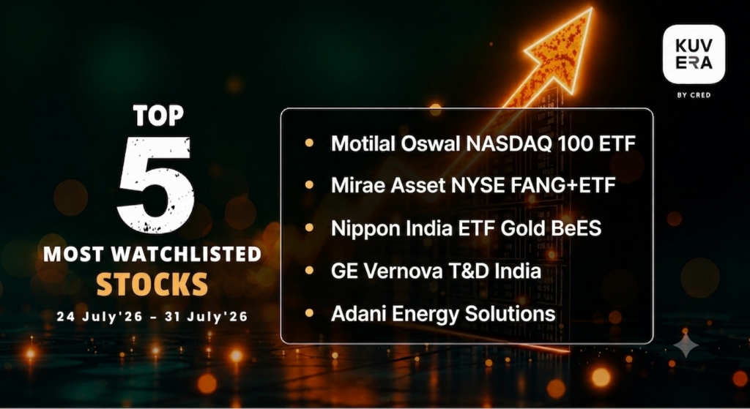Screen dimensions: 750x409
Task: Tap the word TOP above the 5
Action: click(158, 116)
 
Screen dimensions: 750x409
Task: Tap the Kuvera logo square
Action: click(694, 54)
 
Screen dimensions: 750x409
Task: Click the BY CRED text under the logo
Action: click(694, 95)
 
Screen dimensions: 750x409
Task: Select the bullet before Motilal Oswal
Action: click(309, 143)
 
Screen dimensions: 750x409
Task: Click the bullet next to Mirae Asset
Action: click(309, 185)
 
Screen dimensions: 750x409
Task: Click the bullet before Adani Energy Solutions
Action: click(309, 313)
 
